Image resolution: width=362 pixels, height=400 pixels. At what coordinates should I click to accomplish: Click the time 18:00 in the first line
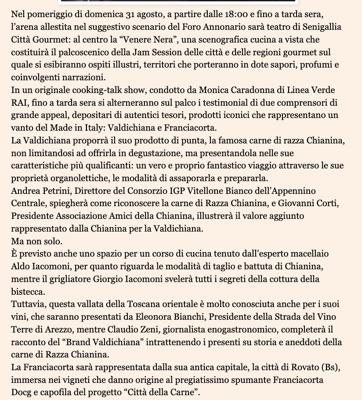[x=236, y=14]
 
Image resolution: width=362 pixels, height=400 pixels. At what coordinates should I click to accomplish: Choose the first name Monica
[x=213, y=90]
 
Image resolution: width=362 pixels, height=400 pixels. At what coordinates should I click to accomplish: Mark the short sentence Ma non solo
[x=36, y=241]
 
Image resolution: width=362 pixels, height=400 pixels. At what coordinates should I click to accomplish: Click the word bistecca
[x=28, y=292]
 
